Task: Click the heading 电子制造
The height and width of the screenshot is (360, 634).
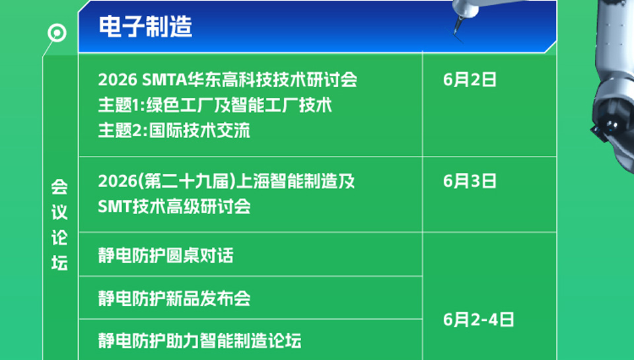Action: [145, 26]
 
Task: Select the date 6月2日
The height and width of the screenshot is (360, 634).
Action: [470, 80]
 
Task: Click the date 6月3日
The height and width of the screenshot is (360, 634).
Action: [470, 181]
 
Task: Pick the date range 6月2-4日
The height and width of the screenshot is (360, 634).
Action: [478, 320]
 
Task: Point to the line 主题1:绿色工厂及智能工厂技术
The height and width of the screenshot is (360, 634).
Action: [215, 105]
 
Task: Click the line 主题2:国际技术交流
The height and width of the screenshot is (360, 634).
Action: [174, 130]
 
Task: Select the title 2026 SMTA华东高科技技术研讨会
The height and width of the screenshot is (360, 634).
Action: [228, 80]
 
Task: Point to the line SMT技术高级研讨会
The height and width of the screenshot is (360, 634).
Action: [174, 206]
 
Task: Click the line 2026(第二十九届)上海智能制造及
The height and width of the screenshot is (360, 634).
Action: [227, 181]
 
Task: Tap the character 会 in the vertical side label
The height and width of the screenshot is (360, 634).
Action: [59, 187]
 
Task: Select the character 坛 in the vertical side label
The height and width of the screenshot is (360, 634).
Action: [59, 263]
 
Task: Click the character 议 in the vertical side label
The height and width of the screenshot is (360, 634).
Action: [59, 212]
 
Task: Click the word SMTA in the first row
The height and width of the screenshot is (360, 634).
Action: [164, 80]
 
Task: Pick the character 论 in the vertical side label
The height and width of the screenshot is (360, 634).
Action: [59, 238]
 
